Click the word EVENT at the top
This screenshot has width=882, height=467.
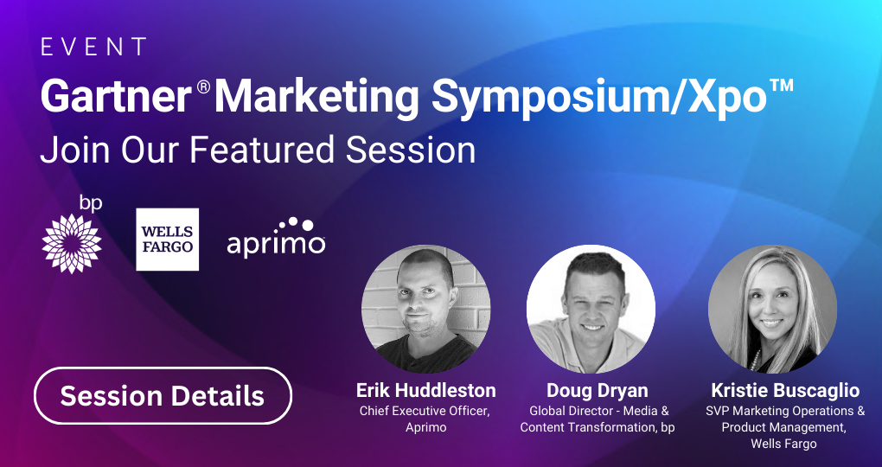point(93,48)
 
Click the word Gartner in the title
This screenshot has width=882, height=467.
point(117,97)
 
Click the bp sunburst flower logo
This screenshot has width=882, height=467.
point(72,244)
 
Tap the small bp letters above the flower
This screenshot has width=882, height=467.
point(90,203)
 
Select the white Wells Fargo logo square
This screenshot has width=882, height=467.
point(167,240)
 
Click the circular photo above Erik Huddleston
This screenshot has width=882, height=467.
point(425,309)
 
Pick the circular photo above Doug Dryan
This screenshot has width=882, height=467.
point(591,309)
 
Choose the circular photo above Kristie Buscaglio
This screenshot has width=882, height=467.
point(772,309)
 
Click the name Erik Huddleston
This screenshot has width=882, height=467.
point(425,391)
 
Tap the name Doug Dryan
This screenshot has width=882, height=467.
point(598,391)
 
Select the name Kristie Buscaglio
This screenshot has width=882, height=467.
point(785,391)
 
